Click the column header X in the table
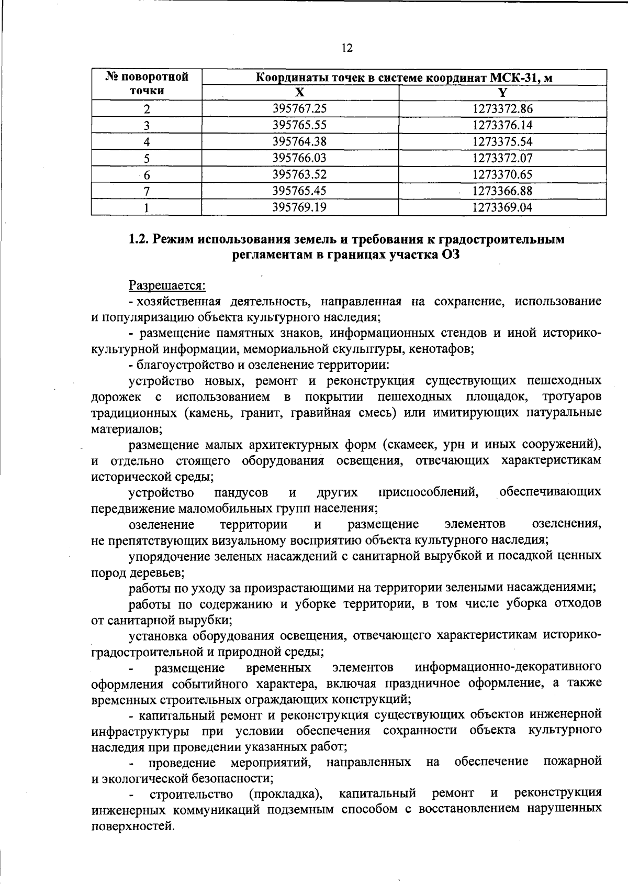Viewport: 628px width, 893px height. coord(299,93)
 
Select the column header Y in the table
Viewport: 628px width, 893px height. coord(502,93)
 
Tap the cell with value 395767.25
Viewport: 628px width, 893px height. coord(300,108)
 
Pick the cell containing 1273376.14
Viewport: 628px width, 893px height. coord(502,125)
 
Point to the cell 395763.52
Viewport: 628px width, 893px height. coord(300,174)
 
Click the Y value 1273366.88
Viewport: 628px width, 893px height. coord(502,191)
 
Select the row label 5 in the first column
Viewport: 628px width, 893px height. coord(147,158)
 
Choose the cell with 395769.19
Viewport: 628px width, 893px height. coord(300,207)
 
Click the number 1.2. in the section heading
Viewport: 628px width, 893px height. coord(140,240)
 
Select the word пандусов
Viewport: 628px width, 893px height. coord(241,493)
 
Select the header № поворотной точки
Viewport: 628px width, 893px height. coord(147,84)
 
